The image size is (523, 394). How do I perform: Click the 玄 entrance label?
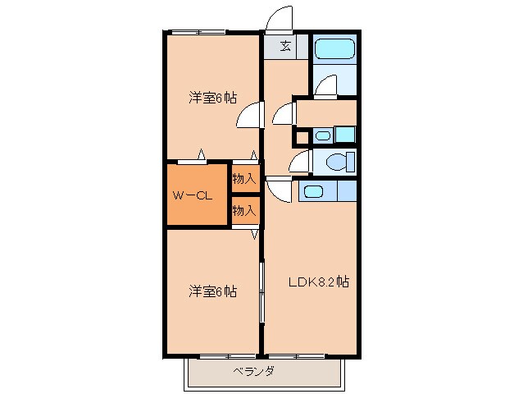click(x=285, y=46)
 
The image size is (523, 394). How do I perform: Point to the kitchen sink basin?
click(x=313, y=192)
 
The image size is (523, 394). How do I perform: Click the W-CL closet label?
click(x=193, y=195)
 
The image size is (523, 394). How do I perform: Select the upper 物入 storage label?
click(x=244, y=177)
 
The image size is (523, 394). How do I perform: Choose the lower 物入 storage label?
click(x=244, y=211)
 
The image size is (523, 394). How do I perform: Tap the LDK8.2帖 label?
click(x=319, y=282)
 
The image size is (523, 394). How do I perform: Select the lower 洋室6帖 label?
click(x=212, y=291)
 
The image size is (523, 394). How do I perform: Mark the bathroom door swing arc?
click(x=325, y=85)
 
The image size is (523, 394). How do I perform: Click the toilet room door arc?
click(x=299, y=160)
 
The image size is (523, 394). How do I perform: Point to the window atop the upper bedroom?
click(x=198, y=32)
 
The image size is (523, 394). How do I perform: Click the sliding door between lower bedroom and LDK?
click(x=261, y=291)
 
